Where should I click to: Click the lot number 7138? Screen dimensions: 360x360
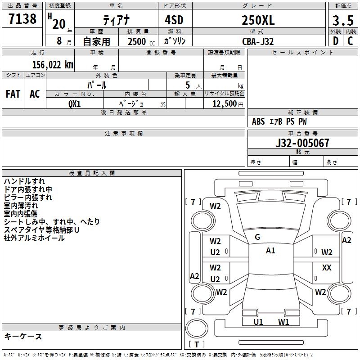tap(22, 19)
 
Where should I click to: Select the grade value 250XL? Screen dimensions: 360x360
tap(258, 20)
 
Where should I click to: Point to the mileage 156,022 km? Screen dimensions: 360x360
tap(53, 64)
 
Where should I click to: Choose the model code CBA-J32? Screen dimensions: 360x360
tap(258, 41)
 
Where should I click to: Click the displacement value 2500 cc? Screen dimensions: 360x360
tap(140, 41)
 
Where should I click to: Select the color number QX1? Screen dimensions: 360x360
tap(74, 103)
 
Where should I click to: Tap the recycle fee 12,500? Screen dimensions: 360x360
tap(224, 103)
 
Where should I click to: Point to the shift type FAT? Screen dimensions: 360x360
tap(13, 94)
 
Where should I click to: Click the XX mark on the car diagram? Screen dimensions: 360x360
tap(327, 267)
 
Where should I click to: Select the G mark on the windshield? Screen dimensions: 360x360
tap(257, 237)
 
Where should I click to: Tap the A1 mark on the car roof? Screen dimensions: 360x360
tap(270, 251)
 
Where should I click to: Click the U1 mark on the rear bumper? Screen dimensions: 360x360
tap(258, 322)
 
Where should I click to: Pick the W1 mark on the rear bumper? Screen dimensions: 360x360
tap(283, 322)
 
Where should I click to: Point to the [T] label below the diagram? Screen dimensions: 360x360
tap(197, 344)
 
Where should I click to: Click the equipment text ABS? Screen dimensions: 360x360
tap(258, 121)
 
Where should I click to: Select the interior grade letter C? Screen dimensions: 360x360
tap(350, 41)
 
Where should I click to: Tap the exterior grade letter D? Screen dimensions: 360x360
tap(335, 41)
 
